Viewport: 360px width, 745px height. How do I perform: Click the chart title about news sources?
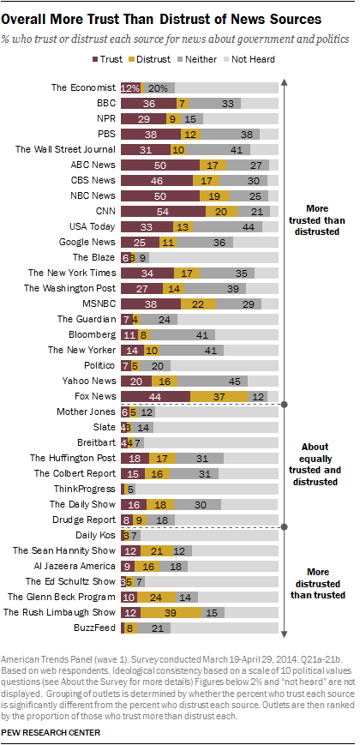pyautogui.click(x=162, y=17)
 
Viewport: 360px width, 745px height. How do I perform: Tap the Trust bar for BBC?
pyautogui.click(x=148, y=103)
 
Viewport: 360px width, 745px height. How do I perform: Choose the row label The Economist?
pyautogui.click(x=83, y=87)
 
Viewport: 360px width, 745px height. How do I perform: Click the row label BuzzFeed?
pyautogui.click(x=95, y=628)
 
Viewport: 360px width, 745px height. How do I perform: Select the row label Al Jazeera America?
pyautogui.click(x=74, y=566)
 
